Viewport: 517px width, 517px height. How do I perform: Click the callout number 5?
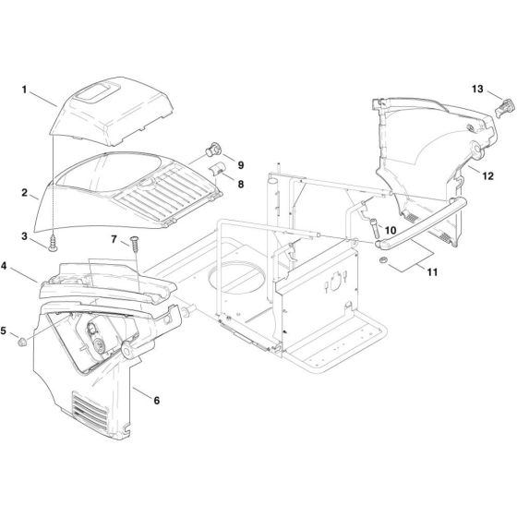tap(6, 330)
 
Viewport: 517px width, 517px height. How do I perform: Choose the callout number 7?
tap(114, 240)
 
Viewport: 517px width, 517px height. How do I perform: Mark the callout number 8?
tap(241, 185)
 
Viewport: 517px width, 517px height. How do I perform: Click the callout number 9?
tap(241, 165)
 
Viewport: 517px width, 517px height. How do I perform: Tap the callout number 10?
tap(391, 231)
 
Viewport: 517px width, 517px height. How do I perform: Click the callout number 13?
tap(477, 89)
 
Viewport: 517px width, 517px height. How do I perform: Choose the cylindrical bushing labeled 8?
tap(221, 168)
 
